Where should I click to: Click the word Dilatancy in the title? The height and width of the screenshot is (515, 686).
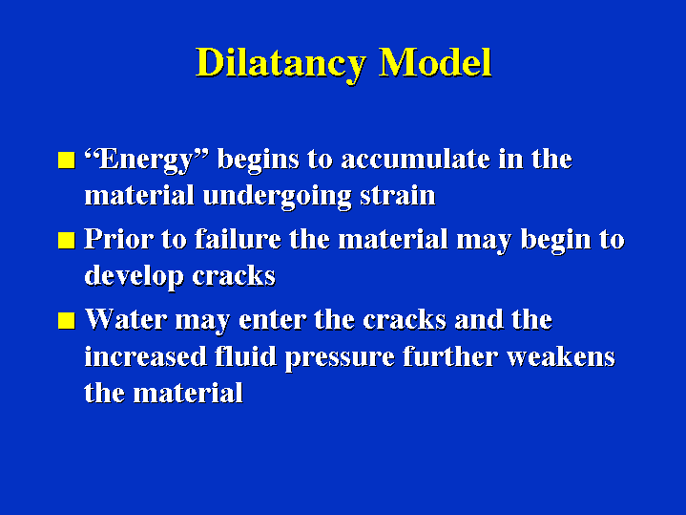click(280, 64)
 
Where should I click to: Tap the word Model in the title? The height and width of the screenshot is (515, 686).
click(435, 62)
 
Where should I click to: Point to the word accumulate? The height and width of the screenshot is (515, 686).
click(415, 159)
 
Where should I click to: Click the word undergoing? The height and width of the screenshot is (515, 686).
click(277, 197)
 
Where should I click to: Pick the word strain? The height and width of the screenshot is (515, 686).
click(398, 196)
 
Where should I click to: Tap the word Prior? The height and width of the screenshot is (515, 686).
click(118, 239)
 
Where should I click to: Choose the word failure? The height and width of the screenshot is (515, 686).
click(238, 239)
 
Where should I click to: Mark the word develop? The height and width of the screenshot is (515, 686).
click(134, 277)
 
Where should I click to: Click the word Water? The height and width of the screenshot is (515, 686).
click(126, 319)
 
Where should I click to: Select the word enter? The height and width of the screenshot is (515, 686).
click(272, 320)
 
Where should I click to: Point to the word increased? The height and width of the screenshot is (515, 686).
click(145, 355)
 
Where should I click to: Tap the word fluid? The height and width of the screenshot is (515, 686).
click(245, 355)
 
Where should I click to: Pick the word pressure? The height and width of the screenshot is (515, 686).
click(340, 357)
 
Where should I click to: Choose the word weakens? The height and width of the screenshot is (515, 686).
click(561, 355)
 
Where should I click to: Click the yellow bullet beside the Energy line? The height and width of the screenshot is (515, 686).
click(67, 160)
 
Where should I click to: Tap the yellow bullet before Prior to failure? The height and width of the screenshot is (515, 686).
click(67, 240)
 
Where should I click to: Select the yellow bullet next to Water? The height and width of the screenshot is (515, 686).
click(67, 320)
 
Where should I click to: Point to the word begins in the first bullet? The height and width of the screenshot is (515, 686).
click(259, 161)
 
